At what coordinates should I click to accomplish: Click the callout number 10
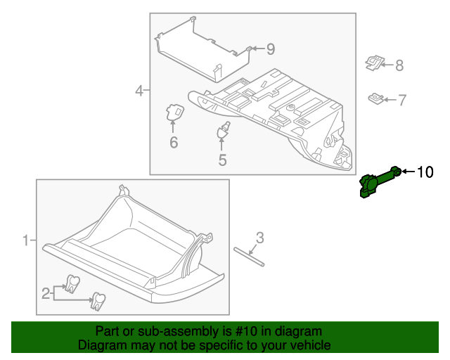(x=426, y=172)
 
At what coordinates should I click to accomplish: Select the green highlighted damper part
(x=378, y=182)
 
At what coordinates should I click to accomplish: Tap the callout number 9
(x=270, y=49)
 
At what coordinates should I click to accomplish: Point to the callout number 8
(x=399, y=65)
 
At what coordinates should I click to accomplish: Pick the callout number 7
(x=402, y=101)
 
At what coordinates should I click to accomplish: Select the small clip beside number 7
(x=376, y=98)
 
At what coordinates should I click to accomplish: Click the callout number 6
(x=173, y=143)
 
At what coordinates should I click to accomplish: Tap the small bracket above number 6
(x=174, y=112)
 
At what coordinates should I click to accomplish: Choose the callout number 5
(x=222, y=160)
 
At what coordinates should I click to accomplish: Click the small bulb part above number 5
(x=224, y=130)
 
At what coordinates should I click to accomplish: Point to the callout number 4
(x=139, y=90)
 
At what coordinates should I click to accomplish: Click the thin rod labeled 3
(x=250, y=256)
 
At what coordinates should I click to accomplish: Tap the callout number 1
(x=25, y=241)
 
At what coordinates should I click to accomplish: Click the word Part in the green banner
(x=108, y=331)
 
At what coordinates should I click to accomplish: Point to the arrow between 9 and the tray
(x=257, y=49)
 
